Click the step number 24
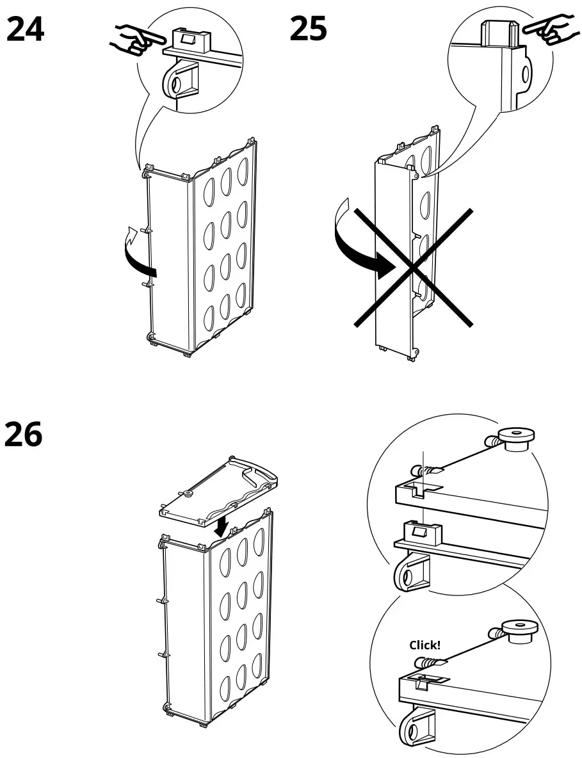pyautogui.click(x=26, y=29)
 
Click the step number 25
pyautogui.click(x=308, y=29)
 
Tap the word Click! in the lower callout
pyautogui.click(x=424, y=645)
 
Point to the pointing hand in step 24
pyautogui.click(x=131, y=38)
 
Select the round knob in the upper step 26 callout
pyautogui.click(x=516, y=439)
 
